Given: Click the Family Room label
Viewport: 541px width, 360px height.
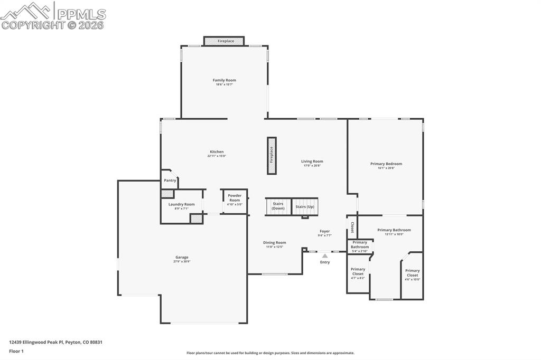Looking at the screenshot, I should (x=224, y=80).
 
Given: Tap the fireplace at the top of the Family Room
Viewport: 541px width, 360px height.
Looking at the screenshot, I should (x=225, y=41).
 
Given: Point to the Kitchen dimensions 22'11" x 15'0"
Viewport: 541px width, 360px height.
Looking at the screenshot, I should (x=217, y=156).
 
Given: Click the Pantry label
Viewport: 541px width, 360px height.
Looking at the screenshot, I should (x=170, y=181).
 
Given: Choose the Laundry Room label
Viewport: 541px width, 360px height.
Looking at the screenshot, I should (x=181, y=204).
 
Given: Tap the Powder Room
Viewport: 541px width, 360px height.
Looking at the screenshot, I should (x=235, y=200).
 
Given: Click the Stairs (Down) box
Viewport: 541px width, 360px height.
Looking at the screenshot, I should (x=278, y=206).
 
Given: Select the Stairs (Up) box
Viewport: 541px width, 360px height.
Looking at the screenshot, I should (x=305, y=206).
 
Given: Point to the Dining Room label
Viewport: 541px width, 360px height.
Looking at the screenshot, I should (x=275, y=243).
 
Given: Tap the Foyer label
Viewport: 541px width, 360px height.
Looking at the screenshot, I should (x=324, y=231).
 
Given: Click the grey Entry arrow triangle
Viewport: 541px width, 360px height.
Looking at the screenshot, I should (x=325, y=256).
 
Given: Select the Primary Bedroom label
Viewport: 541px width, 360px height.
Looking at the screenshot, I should (x=386, y=164).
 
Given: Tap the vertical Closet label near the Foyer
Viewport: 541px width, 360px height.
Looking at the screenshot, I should (x=352, y=227).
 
